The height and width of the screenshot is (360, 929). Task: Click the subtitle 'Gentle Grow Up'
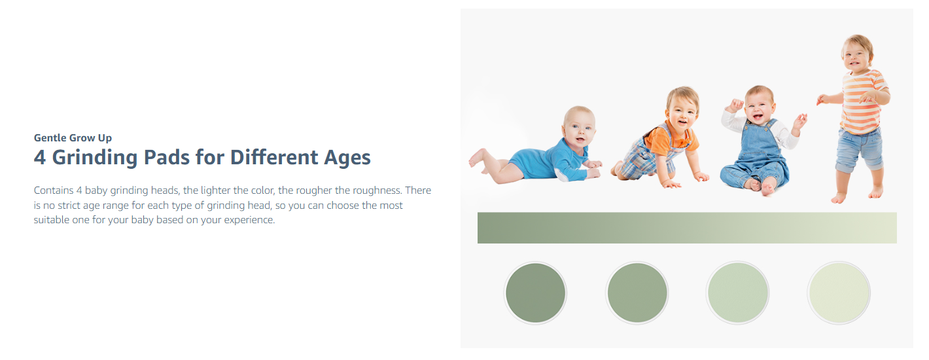tap(73, 137)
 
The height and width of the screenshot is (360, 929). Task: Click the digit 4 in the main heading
tap(39, 158)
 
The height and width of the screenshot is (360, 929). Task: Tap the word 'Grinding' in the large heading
tap(95, 158)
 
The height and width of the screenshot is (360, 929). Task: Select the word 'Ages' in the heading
tap(347, 158)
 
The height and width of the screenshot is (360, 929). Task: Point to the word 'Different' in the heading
tap(274, 157)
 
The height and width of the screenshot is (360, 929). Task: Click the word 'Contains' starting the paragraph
tap(54, 190)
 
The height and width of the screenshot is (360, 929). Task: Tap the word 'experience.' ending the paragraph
tap(249, 220)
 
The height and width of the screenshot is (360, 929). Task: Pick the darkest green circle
tap(535, 293)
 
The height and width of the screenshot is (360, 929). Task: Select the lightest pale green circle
tap(839, 293)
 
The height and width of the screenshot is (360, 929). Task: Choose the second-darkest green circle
tap(637, 293)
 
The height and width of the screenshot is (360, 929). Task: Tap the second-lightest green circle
tap(738, 293)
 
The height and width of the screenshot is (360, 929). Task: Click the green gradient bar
tap(687, 228)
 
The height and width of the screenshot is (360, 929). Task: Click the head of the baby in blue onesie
tap(580, 126)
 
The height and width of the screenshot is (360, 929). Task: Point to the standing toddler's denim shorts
tap(860, 149)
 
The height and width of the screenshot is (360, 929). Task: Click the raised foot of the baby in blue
tap(476, 157)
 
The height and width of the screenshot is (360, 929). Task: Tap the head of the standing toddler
tap(857, 53)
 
